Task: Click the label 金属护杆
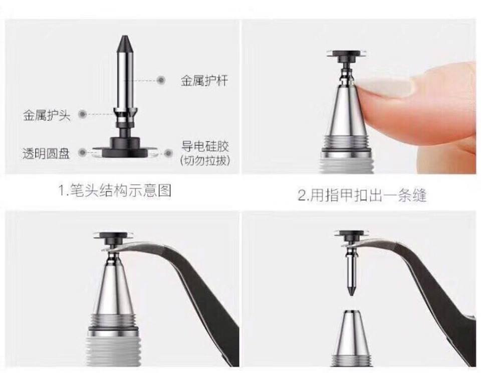point(204,81)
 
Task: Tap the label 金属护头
point(47,115)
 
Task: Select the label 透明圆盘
point(46,153)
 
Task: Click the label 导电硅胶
point(205,146)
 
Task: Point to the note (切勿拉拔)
point(205,160)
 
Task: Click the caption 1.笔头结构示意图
point(115,191)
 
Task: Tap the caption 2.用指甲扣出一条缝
point(362,195)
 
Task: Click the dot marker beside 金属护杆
point(161,81)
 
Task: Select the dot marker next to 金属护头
point(82,114)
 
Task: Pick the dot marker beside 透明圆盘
point(82,152)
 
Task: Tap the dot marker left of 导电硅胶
point(168,153)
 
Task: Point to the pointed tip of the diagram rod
point(124,37)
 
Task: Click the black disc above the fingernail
point(347,55)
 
